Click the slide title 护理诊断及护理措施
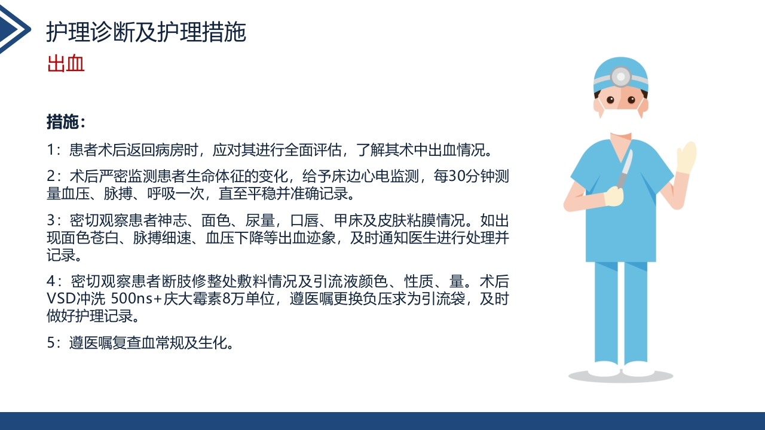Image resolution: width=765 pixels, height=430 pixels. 146,33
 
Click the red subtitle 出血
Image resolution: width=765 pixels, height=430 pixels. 66,63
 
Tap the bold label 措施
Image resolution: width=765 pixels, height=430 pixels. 63,122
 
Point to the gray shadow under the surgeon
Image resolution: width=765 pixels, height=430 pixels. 620,376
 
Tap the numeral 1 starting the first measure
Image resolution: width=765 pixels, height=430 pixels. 51,148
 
